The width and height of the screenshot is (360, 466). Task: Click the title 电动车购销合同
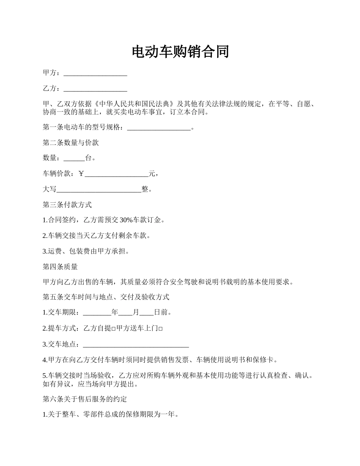click(x=180, y=52)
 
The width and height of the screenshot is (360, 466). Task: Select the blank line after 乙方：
click(x=95, y=89)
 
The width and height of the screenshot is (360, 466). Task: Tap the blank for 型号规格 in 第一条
click(x=159, y=128)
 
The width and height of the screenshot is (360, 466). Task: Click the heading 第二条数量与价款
click(x=71, y=143)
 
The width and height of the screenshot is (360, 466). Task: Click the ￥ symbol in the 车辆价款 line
click(x=81, y=174)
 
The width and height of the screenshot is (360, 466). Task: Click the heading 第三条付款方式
click(x=67, y=205)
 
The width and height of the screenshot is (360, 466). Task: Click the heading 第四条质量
click(x=60, y=267)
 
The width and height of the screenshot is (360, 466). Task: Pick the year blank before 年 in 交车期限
click(x=97, y=313)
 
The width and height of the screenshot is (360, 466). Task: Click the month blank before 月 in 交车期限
click(x=125, y=313)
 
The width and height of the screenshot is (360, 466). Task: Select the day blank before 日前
click(x=147, y=313)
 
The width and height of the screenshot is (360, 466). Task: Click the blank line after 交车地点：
click(x=136, y=344)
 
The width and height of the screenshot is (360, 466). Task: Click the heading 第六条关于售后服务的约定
click(x=85, y=399)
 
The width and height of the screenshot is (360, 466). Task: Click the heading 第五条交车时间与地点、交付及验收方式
click(x=106, y=297)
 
